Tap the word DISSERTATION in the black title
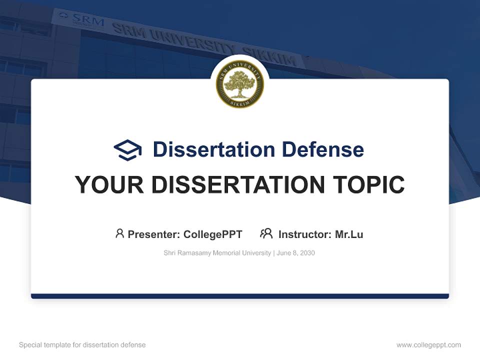coord(237,184)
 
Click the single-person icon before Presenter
coord(119,233)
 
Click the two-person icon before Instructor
coord(266,233)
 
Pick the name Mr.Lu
coord(349,234)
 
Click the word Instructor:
coord(305,234)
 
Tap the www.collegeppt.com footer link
coord(428,345)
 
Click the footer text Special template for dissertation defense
coord(82,345)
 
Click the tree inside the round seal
coord(240,84)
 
